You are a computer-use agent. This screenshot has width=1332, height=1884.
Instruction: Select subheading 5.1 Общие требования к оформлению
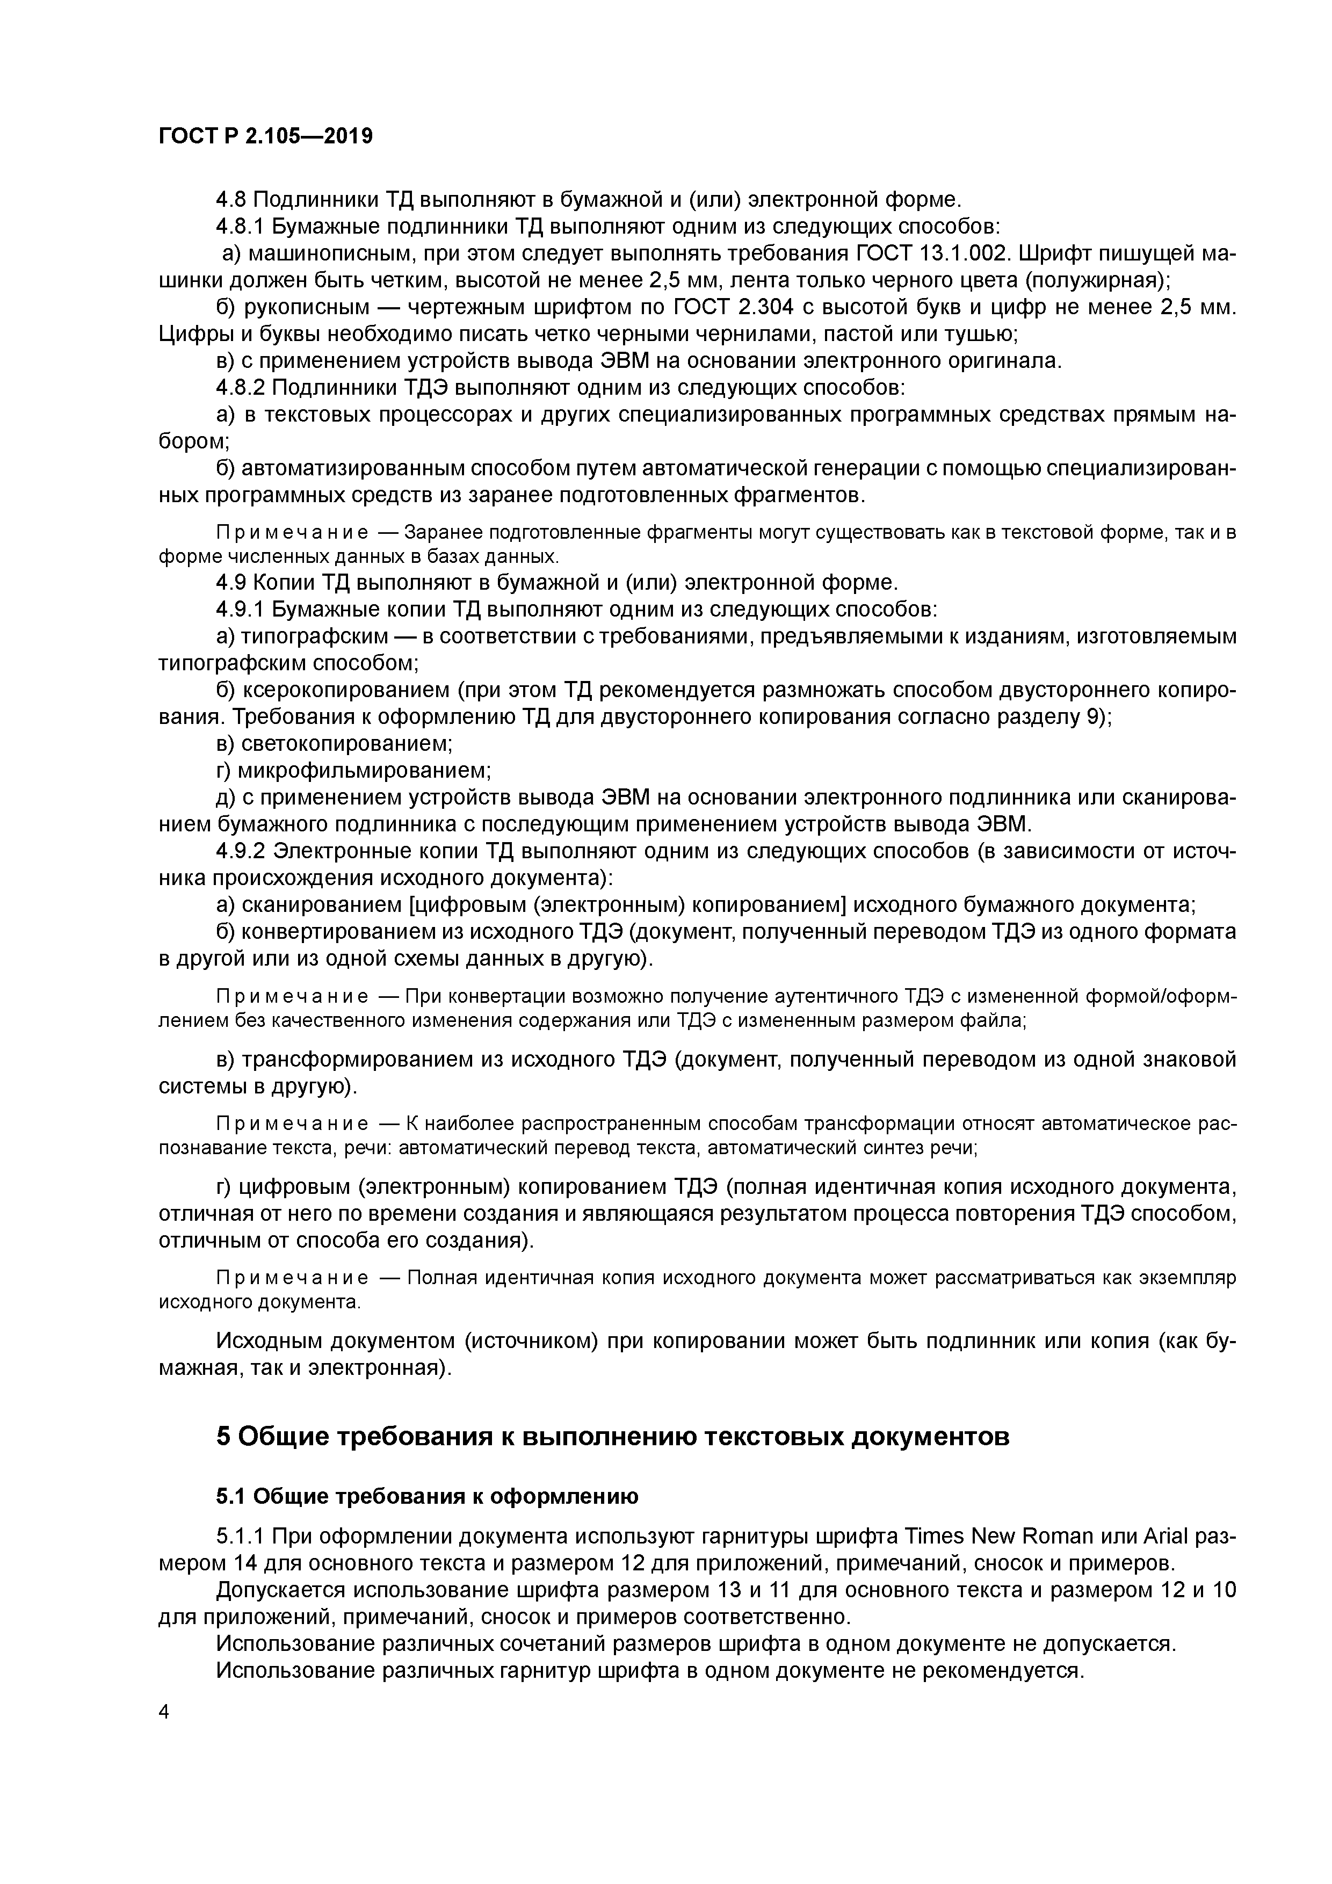[427, 1497]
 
